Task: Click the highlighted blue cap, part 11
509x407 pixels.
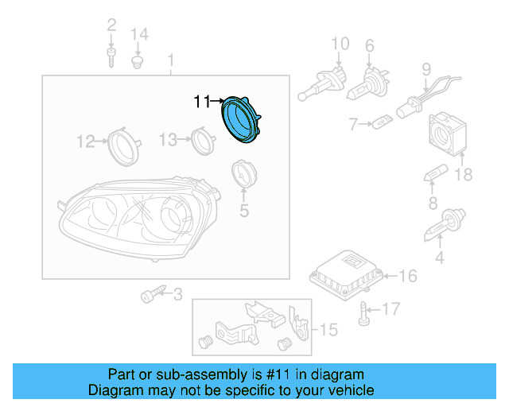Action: click(x=243, y=119)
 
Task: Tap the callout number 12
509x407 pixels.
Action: click(x=85, y=141)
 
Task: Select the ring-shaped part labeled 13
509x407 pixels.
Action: click(x=203, y=141)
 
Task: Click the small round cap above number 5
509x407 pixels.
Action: click(x=243, y=175)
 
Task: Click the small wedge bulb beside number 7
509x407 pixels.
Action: click(x=382, y=123)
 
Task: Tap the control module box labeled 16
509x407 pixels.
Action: click(x=346, y=273)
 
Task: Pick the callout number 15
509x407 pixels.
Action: click(x=328, y=328)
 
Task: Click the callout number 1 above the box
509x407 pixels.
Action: click(x=170, y=60)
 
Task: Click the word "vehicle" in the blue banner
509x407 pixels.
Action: click(x=348, y=390)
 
